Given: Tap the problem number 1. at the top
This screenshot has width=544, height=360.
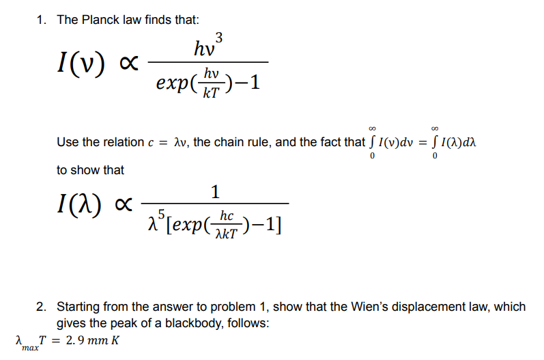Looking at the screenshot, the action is click(43, 20).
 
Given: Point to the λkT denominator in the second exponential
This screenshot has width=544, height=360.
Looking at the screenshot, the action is click(227, 233).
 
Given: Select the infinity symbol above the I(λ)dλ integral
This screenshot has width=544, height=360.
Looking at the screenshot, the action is click(435, 128).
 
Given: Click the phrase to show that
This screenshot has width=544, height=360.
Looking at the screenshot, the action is click(90, 169).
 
